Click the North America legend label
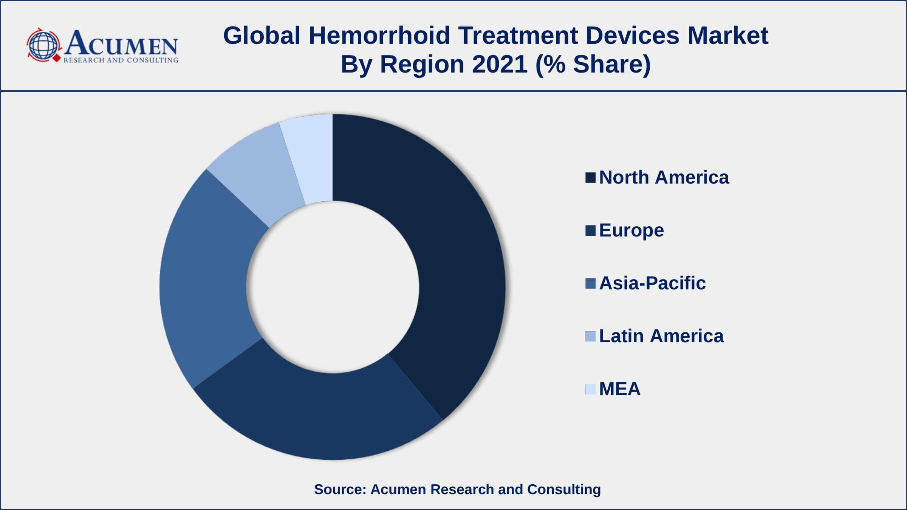tap(664, 178)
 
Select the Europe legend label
tap(631, 230)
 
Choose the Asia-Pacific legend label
tap(652, 283)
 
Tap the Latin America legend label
tap(661, 336)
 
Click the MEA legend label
tap(620, 389)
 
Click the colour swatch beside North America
tap(590, 178)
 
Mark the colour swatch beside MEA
tap(590, 389)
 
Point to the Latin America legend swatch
tap(590, 336)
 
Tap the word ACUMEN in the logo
tap(121, 42)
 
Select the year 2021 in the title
tap(500, 64)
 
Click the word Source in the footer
tap(340, 489)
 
